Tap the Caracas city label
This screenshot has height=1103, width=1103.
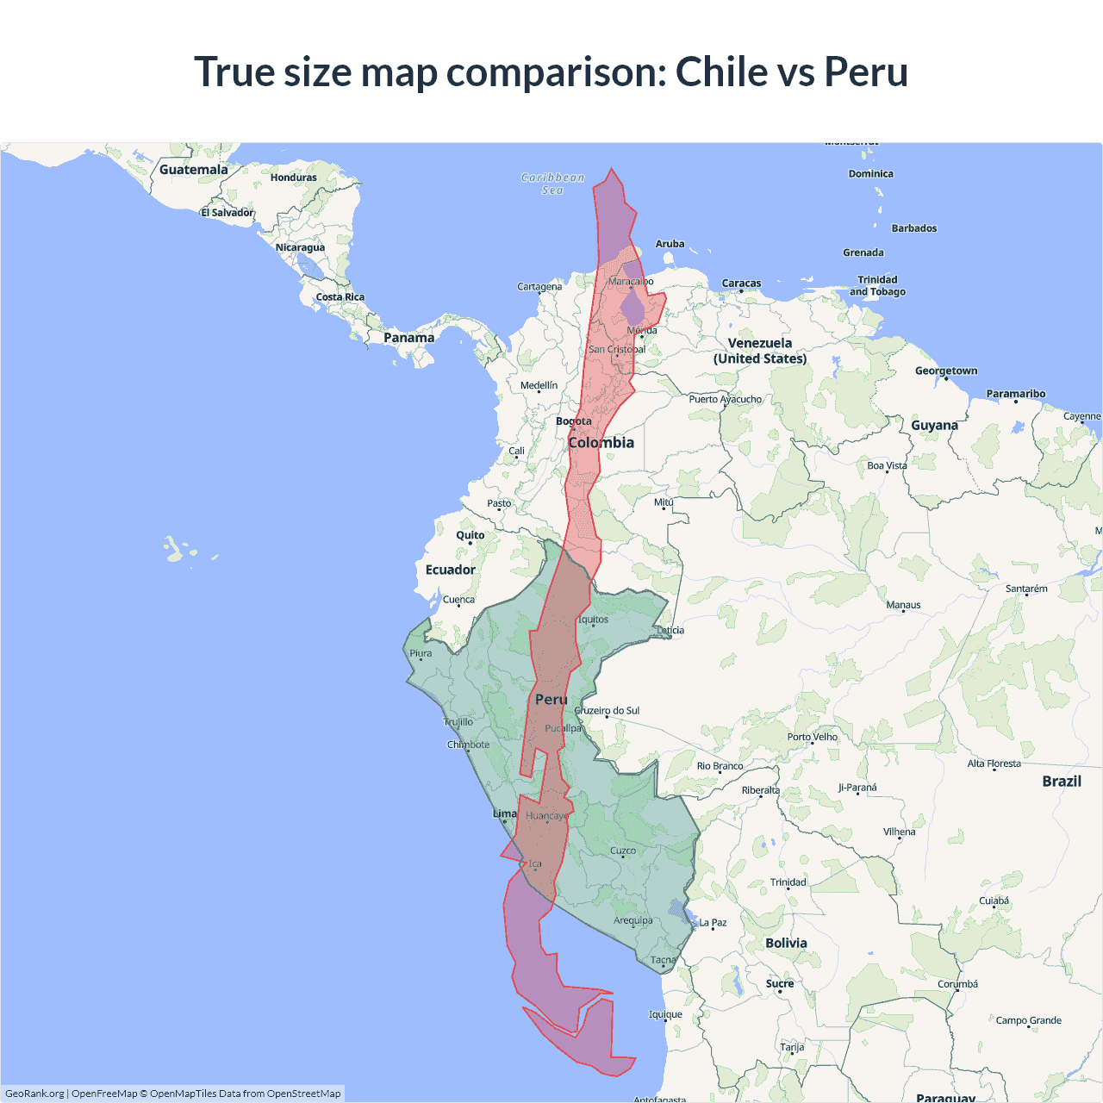[741, 284]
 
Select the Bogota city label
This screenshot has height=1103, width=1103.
[574, 421]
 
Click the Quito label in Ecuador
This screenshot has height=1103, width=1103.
[470, 535]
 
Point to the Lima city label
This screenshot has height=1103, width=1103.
[504, 813]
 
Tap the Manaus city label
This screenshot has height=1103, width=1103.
[903, 605]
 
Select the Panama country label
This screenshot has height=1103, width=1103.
[408, 338]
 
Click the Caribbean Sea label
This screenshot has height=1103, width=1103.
[552, 184]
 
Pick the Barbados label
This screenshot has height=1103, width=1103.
[913, 228]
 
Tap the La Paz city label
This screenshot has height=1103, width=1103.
[713, 923]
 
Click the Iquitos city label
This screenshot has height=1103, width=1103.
[593, 620]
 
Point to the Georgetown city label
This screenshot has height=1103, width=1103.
[946, 371]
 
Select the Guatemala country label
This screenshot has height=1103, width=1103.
[193, 170]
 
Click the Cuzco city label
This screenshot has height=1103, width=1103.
[623, 851]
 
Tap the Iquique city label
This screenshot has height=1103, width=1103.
[665, 1014]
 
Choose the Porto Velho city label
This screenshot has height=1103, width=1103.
[812, 737]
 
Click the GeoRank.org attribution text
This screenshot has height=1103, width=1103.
[34, 1094]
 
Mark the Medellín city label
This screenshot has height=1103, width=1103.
[539, 386]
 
